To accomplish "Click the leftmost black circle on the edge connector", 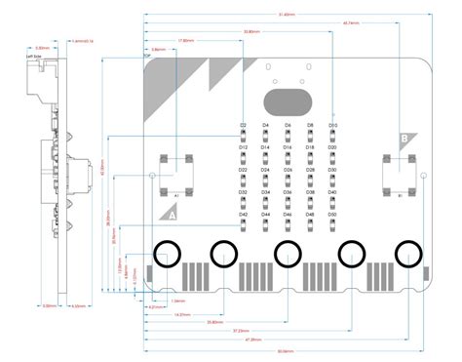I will point(168,254).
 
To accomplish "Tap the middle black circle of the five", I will point(288,254).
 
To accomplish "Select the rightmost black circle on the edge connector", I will point(408,254).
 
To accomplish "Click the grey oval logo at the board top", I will point(288,102).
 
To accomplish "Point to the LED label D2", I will point(243,126).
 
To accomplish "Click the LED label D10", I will point(332,126).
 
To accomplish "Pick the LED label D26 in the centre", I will point(288,170).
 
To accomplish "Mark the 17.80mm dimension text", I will point(185,41).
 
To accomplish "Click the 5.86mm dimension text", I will point(158,49).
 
